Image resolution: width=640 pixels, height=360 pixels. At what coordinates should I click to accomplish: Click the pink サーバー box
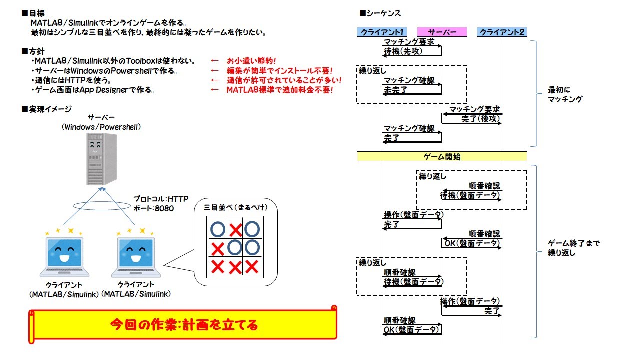(x=442, y=32)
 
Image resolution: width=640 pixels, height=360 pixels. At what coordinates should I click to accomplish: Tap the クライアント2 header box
(x=502, y=32)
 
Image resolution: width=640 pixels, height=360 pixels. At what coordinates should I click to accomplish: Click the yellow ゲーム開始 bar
(x=442, y=156)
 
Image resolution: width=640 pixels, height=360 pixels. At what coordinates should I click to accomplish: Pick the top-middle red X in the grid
(x=235, y=230)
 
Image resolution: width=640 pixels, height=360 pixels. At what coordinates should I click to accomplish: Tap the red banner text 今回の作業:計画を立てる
(x=184, y=325)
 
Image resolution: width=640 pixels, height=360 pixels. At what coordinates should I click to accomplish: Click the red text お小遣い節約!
(x=251, y=61)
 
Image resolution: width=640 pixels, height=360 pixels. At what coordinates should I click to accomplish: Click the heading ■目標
(x=33, y=13)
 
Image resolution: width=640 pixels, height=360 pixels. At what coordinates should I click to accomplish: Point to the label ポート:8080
(x=154, y=208)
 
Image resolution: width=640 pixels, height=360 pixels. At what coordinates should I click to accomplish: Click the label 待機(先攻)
(x=401, y=51)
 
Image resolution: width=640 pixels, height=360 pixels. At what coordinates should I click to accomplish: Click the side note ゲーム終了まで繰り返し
(x=574, y=248)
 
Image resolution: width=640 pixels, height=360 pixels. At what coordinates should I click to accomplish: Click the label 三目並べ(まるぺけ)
(x=234, y=207)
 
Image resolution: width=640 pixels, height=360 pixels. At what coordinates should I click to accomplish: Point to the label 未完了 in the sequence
(x=396, y=90)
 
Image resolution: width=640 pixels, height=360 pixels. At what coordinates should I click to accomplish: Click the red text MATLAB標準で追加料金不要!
(x=279, y=90)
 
